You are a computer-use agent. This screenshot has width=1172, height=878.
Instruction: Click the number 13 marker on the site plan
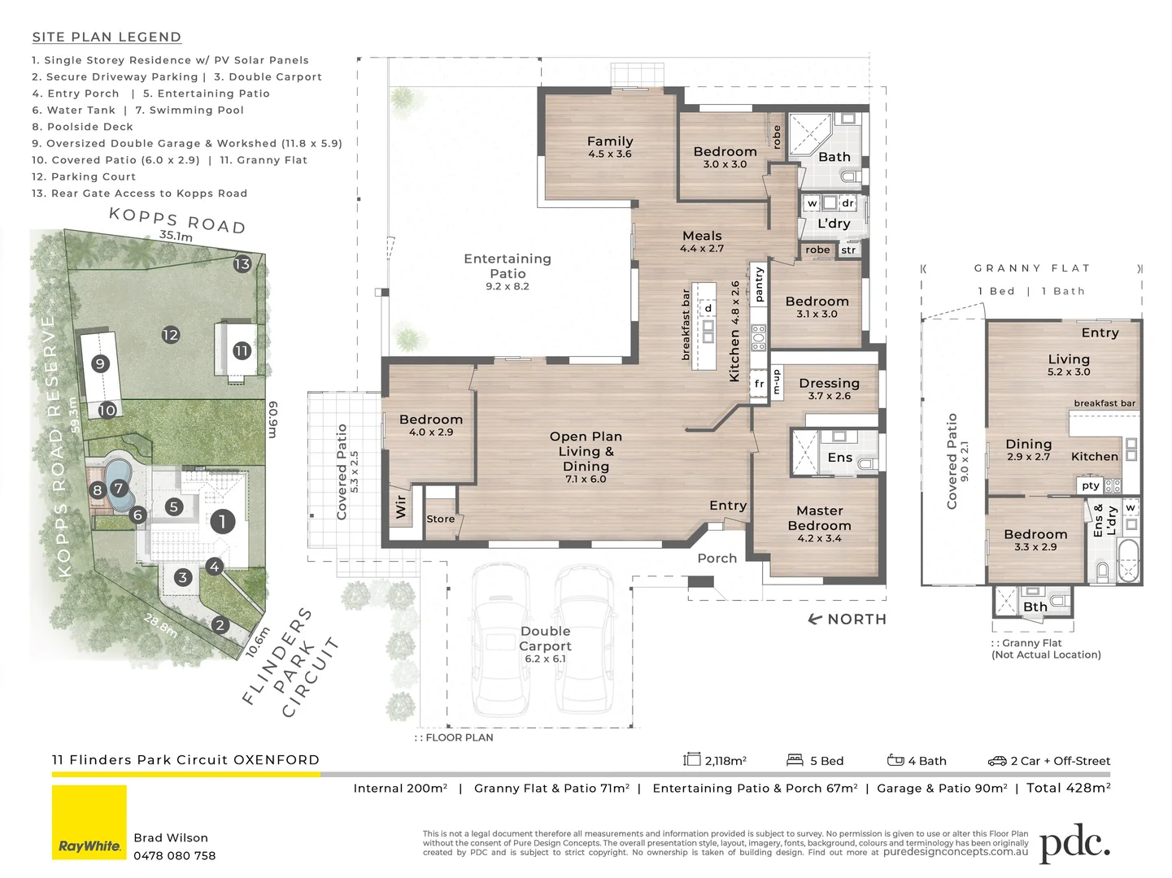[x=242, y=263]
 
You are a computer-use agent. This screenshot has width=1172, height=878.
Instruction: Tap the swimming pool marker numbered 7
[x=119, y=488]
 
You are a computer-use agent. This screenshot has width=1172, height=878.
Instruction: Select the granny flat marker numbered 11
[x=242, y=350]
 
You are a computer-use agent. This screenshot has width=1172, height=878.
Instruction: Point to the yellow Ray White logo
[x=89, y=822]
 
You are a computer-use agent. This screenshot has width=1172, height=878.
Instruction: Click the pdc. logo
[x=1074, y=843]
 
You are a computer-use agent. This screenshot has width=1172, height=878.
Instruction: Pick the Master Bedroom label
[x=819, y=518]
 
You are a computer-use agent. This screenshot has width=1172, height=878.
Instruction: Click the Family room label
[x=610, y=141]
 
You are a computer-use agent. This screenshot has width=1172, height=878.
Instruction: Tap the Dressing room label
[x=830, y=383]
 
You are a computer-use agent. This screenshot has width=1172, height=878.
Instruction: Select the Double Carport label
[x=545, y=638]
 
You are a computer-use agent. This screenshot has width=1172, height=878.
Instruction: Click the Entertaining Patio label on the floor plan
[x=508, y=266]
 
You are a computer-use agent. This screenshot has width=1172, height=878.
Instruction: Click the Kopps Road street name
[x=177, y=219]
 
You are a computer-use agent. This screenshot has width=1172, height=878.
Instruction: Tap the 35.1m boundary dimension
[x=176, y=236]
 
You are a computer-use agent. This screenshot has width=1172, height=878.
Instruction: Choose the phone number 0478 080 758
[x=175, y=855]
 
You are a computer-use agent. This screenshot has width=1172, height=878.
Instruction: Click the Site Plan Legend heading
[x=107, y=37]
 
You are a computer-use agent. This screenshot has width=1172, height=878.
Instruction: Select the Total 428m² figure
[x=1068, y=788]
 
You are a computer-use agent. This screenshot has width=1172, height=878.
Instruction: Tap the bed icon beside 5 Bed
[x=795, y=759]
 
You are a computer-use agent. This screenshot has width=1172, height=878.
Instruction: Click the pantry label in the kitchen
[x=759, y=284]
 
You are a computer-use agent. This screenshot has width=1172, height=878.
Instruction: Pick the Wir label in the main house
[x=400, y=506]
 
